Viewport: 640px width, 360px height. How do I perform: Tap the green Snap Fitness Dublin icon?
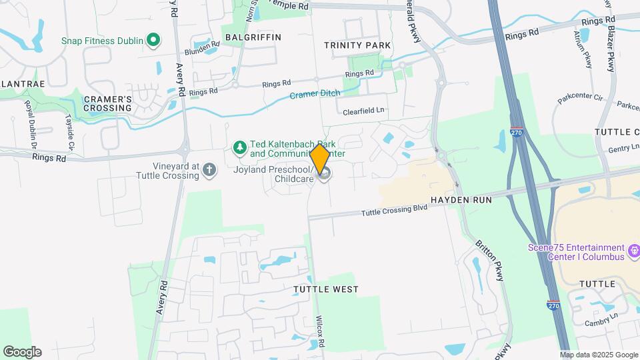(153, 41)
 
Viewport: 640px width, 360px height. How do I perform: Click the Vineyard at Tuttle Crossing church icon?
(209, 170)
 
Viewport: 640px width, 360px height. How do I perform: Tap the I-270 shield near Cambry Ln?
(553, 305)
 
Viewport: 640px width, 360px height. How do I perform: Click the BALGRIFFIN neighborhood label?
(253, 37)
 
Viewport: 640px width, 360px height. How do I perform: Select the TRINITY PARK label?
(357, 45)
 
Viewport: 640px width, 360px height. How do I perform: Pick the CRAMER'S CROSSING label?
(107, 103)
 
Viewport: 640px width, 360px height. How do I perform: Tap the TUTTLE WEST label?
(326, 289)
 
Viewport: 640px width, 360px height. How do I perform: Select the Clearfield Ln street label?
(364, 111)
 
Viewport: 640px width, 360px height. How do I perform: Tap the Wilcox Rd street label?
(320, 331)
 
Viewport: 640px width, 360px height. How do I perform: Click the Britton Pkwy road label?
(490, 260)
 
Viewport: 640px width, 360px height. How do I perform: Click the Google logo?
(22, 351)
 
